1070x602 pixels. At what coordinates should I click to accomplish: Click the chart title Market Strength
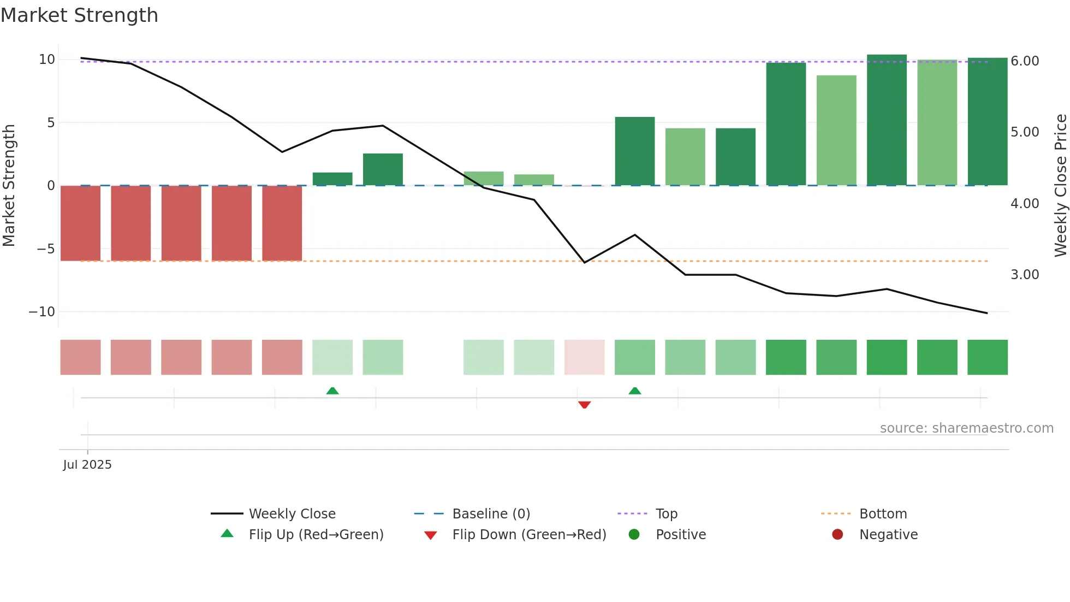point(79,15)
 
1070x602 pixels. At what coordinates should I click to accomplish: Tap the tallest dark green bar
point(887,120)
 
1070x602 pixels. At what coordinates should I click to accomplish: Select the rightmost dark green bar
point(987,121)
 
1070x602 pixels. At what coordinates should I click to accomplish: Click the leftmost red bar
point(80,223)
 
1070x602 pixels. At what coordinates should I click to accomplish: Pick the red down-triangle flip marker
point(584,405)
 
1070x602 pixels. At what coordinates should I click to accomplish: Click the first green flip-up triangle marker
point(332,391)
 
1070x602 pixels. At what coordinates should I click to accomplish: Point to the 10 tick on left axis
point(47,60)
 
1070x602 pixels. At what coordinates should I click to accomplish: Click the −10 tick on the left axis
point(42,312)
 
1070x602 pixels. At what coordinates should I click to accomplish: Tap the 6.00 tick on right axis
point(1025,61)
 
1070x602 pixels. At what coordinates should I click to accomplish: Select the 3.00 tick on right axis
point(1025,275)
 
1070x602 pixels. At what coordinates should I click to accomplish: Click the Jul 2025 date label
point(87,465)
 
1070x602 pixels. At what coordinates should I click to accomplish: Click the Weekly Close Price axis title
point(1060,186)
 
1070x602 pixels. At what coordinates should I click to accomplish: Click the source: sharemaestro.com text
point(966,428)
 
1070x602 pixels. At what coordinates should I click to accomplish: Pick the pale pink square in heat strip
point(584,357)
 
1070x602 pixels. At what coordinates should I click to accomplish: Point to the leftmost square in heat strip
point(80,357)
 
